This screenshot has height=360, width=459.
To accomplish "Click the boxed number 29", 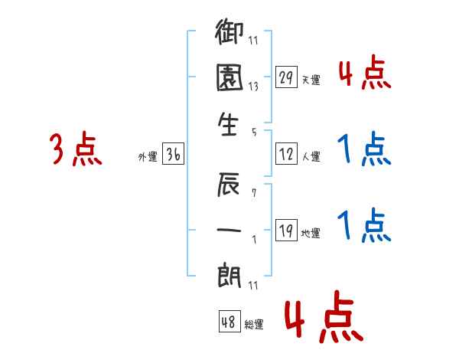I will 286,77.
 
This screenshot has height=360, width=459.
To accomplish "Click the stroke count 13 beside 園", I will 253,87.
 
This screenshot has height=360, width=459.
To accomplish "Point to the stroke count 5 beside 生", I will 253,131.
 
